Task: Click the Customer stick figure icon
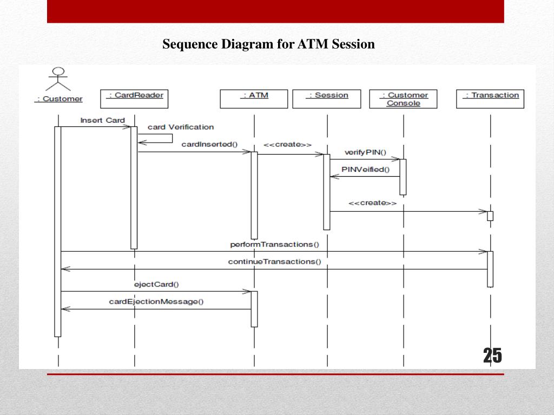click(58, 79)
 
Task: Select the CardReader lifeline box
click(135, 99)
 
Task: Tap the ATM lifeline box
click(254, 99)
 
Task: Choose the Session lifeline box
click(327, 99)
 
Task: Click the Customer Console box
click(403, 99)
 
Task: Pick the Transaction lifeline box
click(490, 99)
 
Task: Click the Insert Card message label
click(102, 121)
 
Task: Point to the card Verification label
click(181, 127)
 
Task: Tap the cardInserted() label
click(209, 144)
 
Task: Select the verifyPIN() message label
click(365, 152)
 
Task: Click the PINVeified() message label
click(365, 170)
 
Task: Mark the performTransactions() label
click(274, 244)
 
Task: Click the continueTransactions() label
click(274, 262)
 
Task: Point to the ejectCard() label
click(156, 284)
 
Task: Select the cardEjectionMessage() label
click(156, 302)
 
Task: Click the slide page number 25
click(492, 356)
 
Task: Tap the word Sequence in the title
click(189, 44)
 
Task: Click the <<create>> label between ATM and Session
click(287, 144)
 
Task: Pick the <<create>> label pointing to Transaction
click(372, 203)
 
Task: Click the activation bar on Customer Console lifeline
click(403, 177)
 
